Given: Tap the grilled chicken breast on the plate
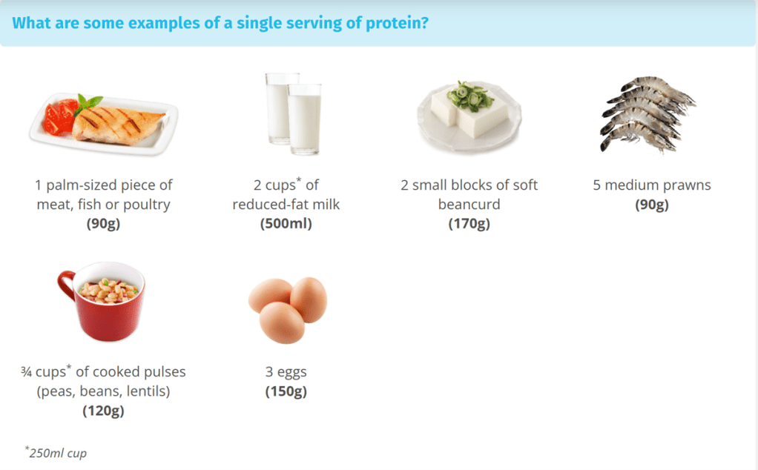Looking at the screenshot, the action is click(119, 125).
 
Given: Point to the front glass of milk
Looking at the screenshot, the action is click(305, 119).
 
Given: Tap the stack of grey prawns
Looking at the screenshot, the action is click(647, 114).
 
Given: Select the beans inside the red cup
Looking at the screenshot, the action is click(109, 291).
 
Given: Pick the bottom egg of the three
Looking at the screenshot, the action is click(282, 322).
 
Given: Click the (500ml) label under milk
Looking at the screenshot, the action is click(286, 224).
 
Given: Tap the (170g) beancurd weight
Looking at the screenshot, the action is click(469, 224).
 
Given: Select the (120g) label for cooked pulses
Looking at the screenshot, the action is click(103, 411).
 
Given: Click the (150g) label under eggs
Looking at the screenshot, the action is click(286, 391).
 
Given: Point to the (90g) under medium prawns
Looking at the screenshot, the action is click(652, 205).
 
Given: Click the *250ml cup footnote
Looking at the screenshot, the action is click(56, 453).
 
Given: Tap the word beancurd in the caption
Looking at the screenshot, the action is click(469, 205).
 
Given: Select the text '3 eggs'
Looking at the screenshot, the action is click(286, 372).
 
